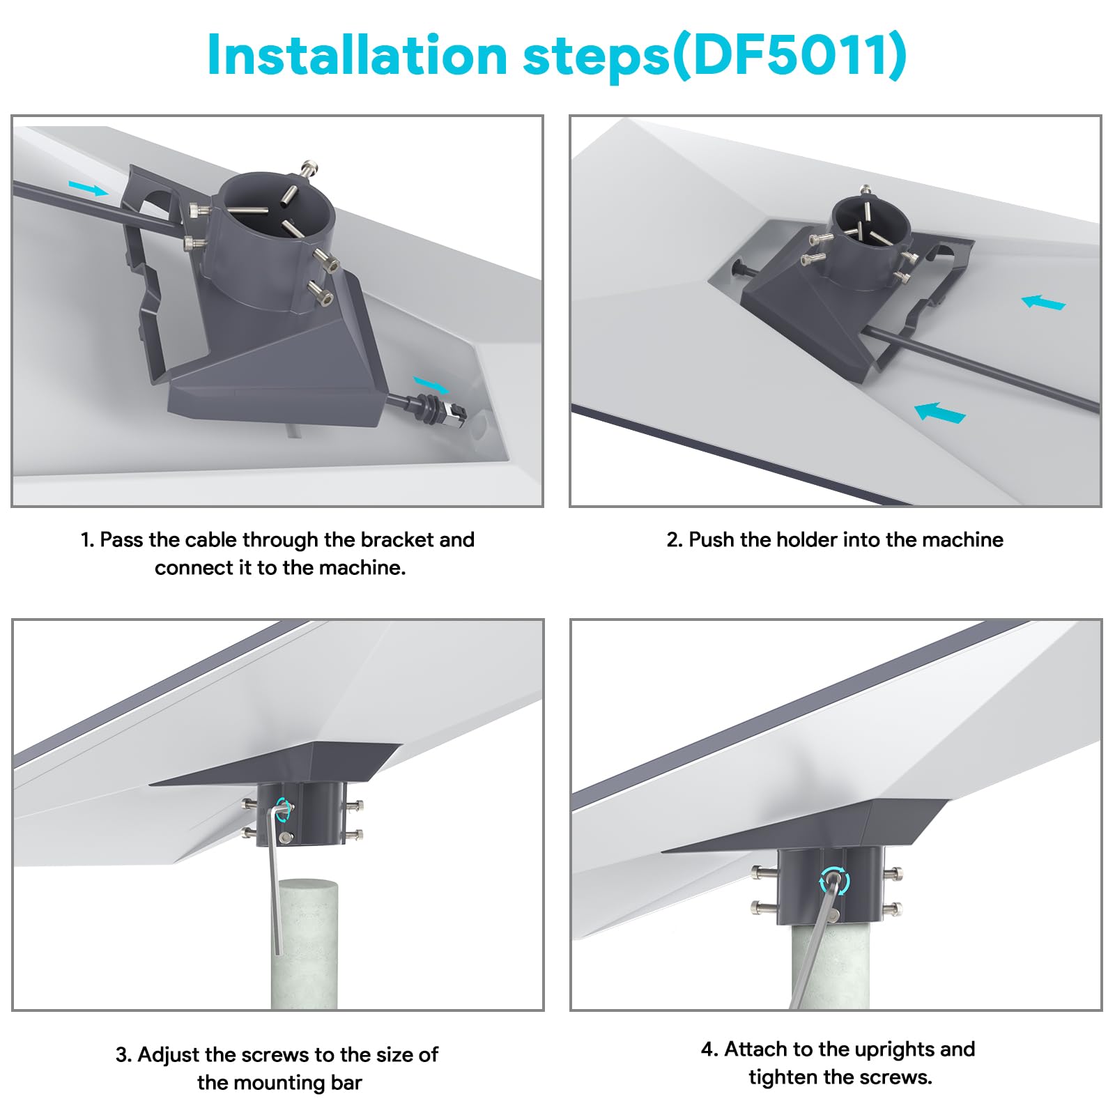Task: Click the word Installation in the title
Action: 357,55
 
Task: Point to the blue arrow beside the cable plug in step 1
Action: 431,384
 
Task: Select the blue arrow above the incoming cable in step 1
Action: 89,187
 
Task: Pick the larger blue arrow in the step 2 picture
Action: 940,412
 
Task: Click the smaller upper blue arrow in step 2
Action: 1043,302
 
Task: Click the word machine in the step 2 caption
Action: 962,539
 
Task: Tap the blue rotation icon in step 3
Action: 284,809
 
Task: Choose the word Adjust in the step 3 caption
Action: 169,1055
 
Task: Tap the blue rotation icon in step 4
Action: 834,881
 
